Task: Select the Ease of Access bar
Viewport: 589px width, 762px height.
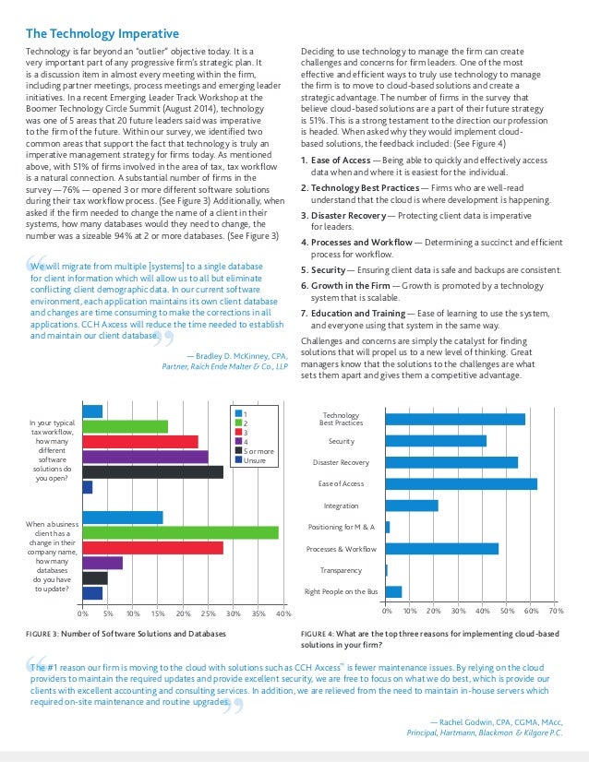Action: click(461, 482)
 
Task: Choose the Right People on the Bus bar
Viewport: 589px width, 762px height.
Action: click(393, 591)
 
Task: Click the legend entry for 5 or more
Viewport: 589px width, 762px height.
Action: click(257, 450)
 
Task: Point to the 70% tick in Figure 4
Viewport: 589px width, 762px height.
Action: click(556, 611)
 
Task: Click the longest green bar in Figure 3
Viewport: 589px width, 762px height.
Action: click(180, 532)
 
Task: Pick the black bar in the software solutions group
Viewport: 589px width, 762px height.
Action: click(152, 471)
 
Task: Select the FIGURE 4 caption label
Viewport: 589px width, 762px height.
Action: click(324, 634)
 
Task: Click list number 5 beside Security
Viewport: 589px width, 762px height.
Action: click(305, 269)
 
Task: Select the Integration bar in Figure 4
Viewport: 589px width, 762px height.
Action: click(412, 505)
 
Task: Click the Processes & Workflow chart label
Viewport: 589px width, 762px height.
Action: click(341, 549)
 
